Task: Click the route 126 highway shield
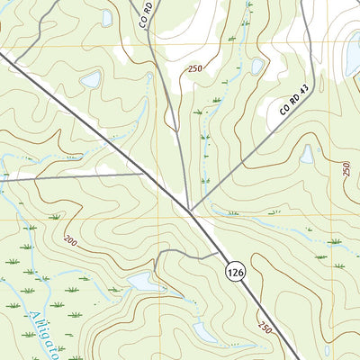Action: coord(234,271)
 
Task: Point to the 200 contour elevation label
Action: coord(69,241)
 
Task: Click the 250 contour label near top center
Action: coord(195,69)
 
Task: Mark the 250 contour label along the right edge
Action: coord(346,168)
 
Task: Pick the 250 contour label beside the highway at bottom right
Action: coord(264,327)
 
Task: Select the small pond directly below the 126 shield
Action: coord(205,333)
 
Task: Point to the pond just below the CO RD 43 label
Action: coord(307,154)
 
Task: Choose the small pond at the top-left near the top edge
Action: coord(107,17)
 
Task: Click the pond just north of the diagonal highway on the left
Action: coord(91,80)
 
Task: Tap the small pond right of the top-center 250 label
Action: coord(257,67)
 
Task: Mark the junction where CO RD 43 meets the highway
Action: coord(191,211)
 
